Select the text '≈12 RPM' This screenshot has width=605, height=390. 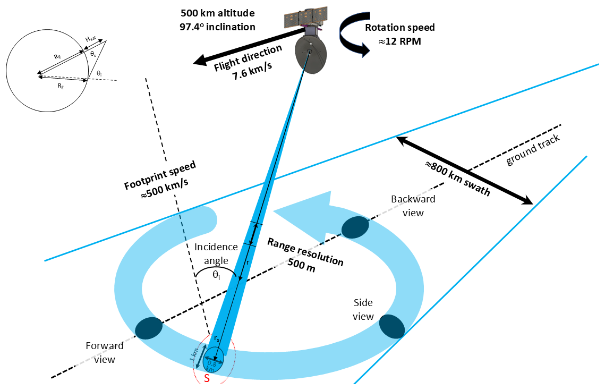(399, 41)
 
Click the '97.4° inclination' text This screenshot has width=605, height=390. (217, 27)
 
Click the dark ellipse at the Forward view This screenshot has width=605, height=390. (149, 328)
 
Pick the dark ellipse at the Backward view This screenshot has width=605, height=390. (355, 227)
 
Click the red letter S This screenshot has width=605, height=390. (207, 379)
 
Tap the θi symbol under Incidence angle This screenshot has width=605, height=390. (216, 275)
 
